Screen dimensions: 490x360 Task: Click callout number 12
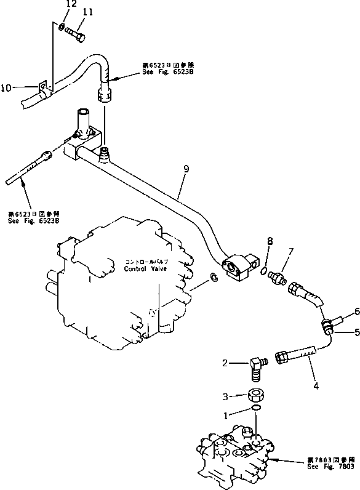click(x=71, y=4)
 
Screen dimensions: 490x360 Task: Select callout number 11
click(x=87, y=12)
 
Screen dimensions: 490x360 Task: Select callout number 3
click(x=225, y=396)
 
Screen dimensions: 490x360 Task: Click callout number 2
click(x=226, y=364)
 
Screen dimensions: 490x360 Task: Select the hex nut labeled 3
click(x=255, y=395)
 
